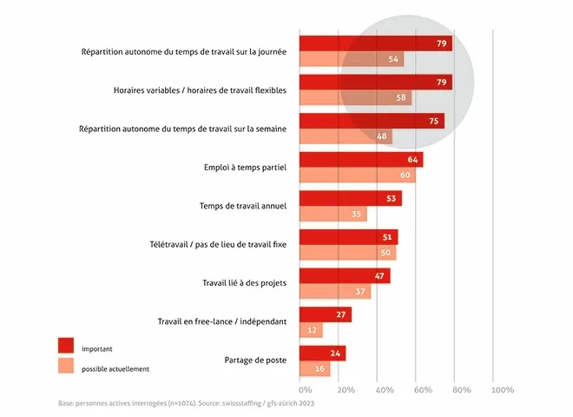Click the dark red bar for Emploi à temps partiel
point(360,160)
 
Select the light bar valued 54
point(352,59)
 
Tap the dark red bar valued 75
point(372,121)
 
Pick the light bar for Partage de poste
point(314,369)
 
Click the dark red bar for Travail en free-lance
point(325,314)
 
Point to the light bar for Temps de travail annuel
point(333,214)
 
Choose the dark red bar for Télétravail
point(348,237)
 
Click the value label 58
point(400,98)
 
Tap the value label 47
point(379,276)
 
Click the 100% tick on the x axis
point(503,390)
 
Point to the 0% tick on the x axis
point(306,390)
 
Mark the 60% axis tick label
point(424,390)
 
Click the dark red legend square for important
point(66,345)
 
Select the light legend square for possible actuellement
point(66,367)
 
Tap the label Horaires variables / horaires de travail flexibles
point(206,89)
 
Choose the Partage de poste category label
point(252,360)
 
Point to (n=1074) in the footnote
point(162,404)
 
